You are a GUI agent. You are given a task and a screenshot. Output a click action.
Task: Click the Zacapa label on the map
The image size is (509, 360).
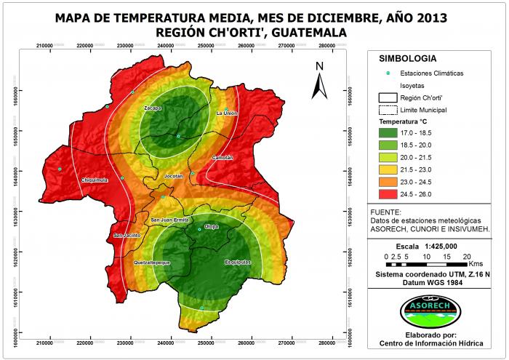(x=152, y=108)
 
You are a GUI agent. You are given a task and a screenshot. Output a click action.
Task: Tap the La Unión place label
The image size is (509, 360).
(x=227, y=113)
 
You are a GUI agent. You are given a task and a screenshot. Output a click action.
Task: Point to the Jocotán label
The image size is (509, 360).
(x=174, y=176)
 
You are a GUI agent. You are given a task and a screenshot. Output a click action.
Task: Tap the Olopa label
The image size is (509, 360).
(x=211, y=227)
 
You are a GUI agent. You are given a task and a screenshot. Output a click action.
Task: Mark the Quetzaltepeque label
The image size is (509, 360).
(x=151, y=262)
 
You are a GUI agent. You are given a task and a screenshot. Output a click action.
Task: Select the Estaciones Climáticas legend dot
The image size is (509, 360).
(x=388, y=73)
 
